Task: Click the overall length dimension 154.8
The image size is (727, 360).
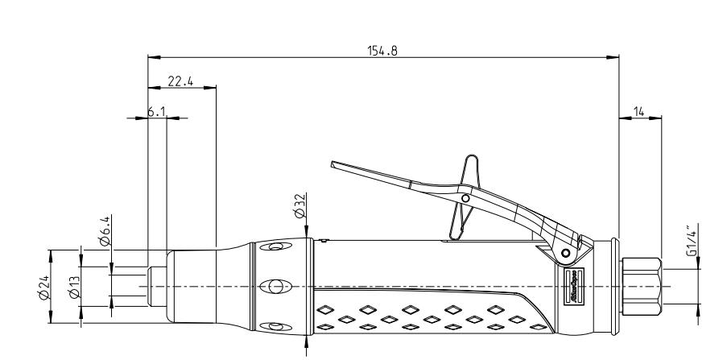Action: coord(382,49)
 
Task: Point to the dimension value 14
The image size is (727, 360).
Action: coord(640,112)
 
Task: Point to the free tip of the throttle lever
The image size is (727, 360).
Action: coord(334,165)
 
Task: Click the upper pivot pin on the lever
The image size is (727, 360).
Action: coord(465,197)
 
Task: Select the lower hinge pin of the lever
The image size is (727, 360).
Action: coord(567,253)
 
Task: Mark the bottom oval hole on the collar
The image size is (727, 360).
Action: coord(276,325)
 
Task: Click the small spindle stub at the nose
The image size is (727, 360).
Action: coord(156,286)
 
